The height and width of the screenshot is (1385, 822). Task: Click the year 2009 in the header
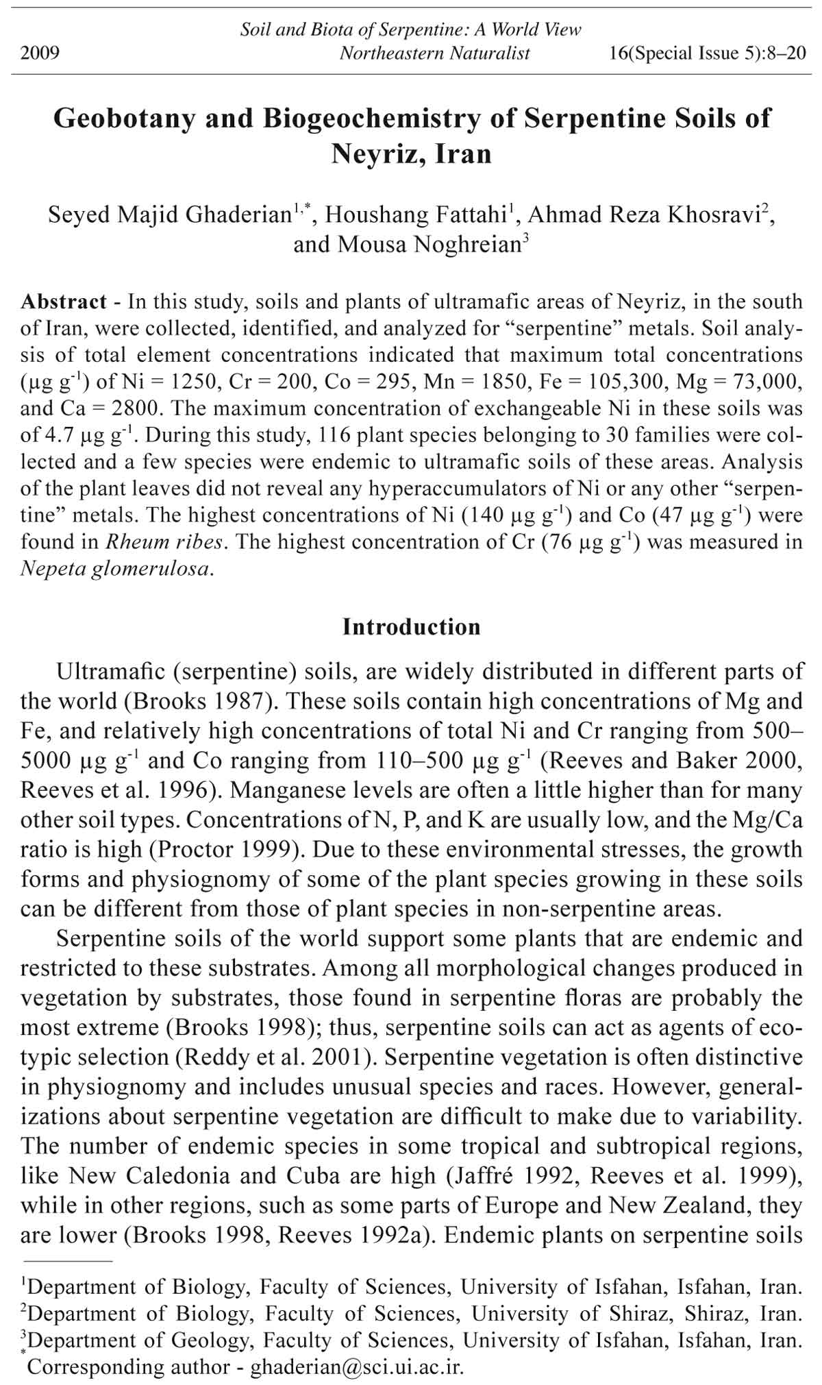(x=40, y=53)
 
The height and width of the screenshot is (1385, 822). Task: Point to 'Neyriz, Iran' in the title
(x=412, y=153)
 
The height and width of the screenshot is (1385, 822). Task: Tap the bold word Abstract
(x=63, y=302)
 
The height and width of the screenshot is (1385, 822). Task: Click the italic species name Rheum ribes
(x=164, y=542)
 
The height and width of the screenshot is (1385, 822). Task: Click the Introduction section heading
(x=412, y=627)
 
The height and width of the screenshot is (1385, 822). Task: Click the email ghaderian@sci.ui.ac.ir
(x=357, y=1366)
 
